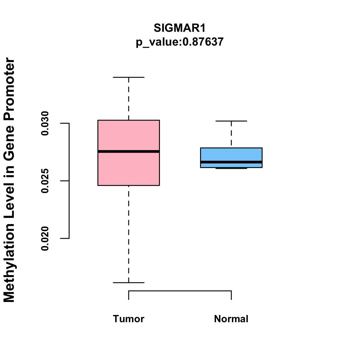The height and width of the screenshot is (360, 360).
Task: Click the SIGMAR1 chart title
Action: pyautogui.click(x=179, y=28)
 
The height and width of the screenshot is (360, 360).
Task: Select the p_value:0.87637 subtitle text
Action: pyautogui.click(x=179, y=42)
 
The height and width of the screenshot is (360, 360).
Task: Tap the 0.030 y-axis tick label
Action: pyautogui.click(x=45, y=123)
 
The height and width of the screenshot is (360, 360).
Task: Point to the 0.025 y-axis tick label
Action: pyautogui.click(x=45, y=181)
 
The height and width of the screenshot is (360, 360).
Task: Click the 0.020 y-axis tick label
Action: pyautogui.click(x=45, y=238)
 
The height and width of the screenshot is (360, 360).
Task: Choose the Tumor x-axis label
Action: pyautogui.click(x=128, y=319)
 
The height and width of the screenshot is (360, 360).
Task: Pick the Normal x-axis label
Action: pyautogui.click(x=231, y=319)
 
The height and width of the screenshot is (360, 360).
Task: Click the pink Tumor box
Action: pyautogui.click(x=129, y=153)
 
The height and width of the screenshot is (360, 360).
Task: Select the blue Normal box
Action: pyautogui.click(x=231, y=158)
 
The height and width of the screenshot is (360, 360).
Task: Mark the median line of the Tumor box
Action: pyautogui.click(x=129, y=151)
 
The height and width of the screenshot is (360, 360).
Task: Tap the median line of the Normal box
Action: pyautogui.click(x=231, y=162)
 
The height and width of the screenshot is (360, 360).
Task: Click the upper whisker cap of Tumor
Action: pyautogui.click(x=129, y=77)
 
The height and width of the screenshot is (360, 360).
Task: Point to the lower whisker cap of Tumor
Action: pyautogui.click(x=129, y=283)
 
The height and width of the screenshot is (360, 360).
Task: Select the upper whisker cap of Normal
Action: pyautogui.click(x=231, y=121)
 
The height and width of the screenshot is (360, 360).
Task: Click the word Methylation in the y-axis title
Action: pyautogui.click(x=9, y=263)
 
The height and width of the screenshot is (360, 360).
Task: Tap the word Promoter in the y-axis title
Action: pyautogui.click(x=9, y=89)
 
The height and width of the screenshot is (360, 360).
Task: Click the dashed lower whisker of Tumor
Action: pyautogui.click(x=129, y=234)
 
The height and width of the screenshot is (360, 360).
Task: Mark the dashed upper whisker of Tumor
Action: pyautogui.click(x=129, y=98)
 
